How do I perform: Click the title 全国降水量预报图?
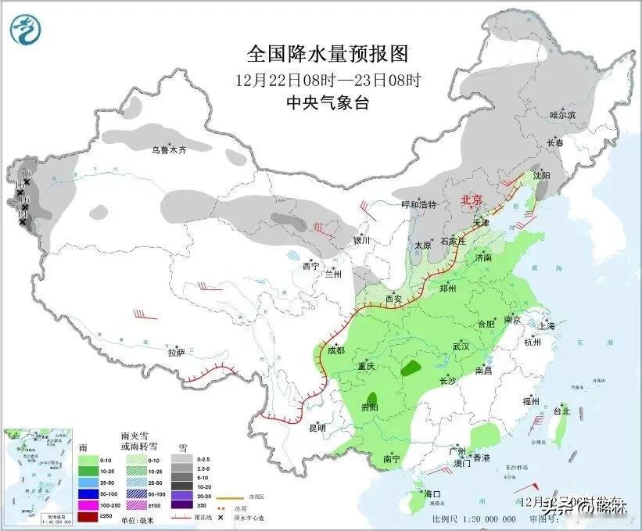click(x=328, y=53)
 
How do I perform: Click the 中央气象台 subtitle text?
click(x=328, y=102)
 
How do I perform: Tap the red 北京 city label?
click(x=472, y=200)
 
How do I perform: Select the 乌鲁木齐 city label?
click(x=170, y=149)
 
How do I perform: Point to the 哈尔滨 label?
click(x=562, y=114)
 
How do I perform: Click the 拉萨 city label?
click(x=176, y=353)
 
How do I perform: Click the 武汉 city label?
click(x=460, y=346)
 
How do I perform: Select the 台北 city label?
click(x=561, y=411)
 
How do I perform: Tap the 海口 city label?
click(x=433, y=494)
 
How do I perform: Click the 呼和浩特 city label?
click(x=418, y=204)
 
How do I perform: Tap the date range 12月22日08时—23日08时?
click(x=328, y=79)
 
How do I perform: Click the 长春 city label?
click(x=554, y=143)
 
